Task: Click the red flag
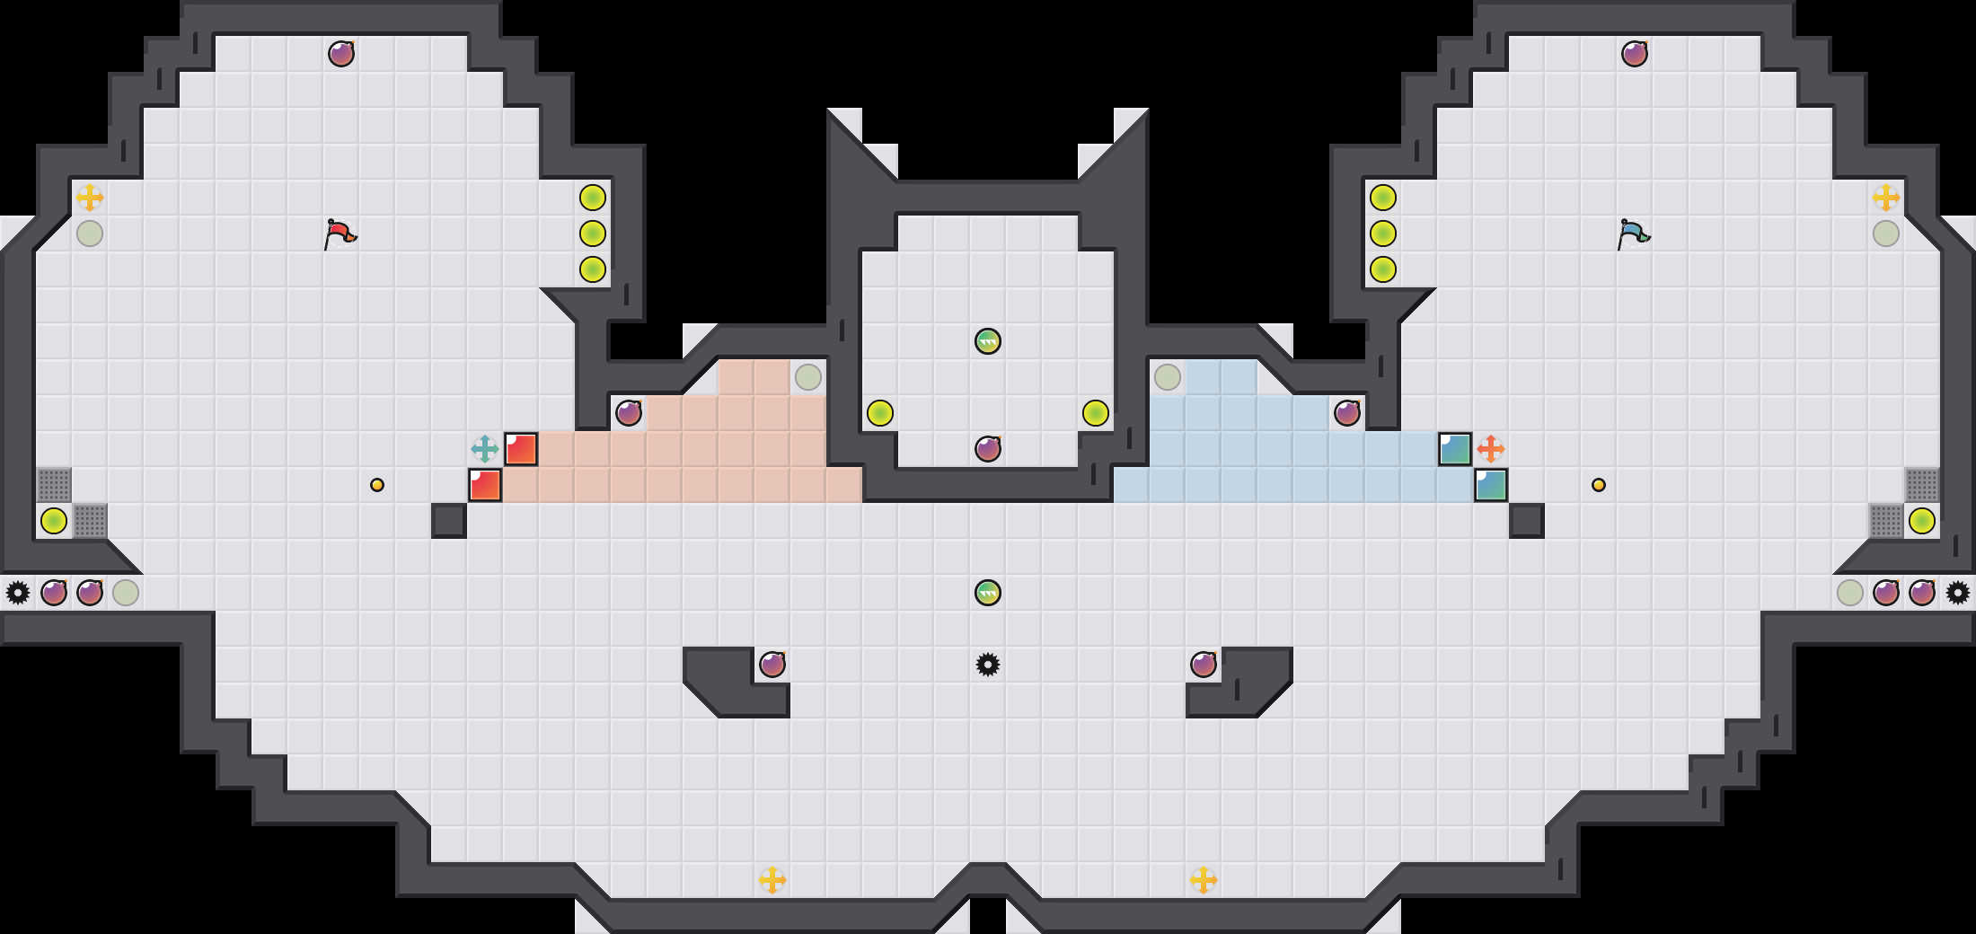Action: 340,233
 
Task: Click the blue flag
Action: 1633,233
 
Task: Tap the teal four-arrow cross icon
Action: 485,449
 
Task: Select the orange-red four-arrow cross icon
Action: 1491,449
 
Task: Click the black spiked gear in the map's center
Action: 988,665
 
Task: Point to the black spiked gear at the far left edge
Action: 18,593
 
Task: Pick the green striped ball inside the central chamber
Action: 988,341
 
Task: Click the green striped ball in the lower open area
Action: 988,593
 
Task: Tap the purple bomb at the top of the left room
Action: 341,54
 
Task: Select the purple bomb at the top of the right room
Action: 1635,54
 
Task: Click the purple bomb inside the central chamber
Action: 988,449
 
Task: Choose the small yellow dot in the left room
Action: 377,485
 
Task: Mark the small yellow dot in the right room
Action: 1599,485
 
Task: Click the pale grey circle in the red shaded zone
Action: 808,377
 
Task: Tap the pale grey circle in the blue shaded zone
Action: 1168,377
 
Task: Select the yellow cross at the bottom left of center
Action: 772,880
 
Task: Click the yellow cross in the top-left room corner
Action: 90,198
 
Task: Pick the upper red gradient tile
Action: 521,449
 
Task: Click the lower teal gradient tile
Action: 1491,485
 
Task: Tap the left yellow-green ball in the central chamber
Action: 880,413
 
